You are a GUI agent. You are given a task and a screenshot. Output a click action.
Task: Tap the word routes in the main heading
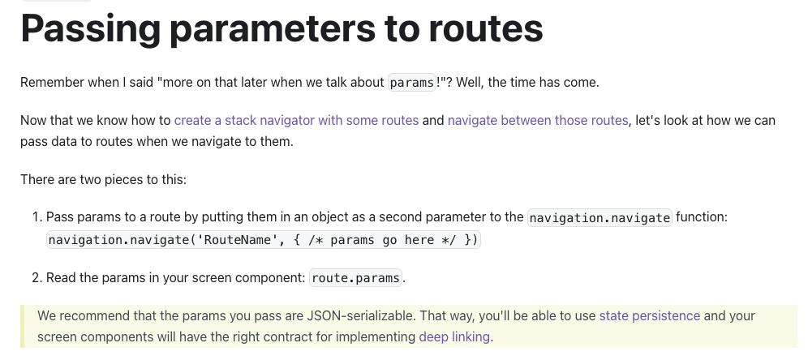(x=486, y=29)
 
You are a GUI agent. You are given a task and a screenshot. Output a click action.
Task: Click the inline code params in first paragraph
(x=412, y=83)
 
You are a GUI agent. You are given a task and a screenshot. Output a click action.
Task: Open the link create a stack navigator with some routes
(x=296, y=121)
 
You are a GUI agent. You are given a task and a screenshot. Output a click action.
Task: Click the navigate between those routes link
(x=538, y=121)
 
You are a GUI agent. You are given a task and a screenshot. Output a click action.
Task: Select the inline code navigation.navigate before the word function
(x=600, y=218)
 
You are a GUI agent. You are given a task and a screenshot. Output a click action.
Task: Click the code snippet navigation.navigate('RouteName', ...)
(x=264, y=240)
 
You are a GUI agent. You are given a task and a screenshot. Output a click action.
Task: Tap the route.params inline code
(x=355, y=278)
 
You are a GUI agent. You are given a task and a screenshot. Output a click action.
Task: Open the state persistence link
(x=649, y=315)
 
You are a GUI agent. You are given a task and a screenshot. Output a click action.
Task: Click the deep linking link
(x=454, y=336)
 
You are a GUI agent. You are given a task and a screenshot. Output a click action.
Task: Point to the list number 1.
(x=36, y=217)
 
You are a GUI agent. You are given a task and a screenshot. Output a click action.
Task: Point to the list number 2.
(x=37, y=278)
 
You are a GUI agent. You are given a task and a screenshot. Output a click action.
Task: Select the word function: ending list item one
(x=702, y=217)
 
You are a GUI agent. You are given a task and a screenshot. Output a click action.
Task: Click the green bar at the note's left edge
(x=22, y=327)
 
